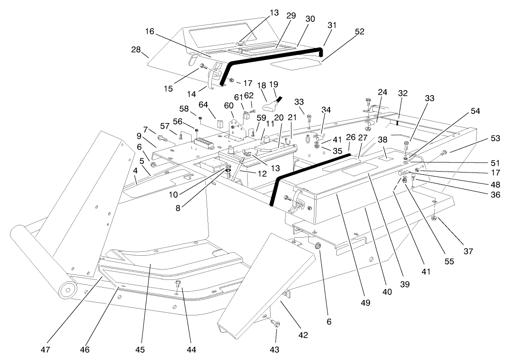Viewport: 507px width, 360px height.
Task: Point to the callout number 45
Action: [140, 350]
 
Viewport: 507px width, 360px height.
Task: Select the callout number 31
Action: [332, 25]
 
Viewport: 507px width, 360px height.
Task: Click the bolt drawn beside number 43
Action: [276, 324]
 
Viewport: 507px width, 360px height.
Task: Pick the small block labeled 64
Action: [220, 123]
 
